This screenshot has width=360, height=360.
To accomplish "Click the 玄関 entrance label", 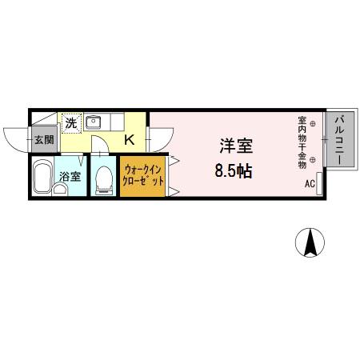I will [x=44, y=141].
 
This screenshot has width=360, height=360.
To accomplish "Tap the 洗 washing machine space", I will [x=71, y=123].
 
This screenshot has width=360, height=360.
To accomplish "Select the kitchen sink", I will [x=94, y=123].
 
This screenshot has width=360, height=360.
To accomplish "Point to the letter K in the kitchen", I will [x=128, y=141].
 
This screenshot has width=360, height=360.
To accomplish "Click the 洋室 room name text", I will [x=237, y=146].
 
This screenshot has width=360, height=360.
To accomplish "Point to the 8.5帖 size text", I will [x=234, y=170].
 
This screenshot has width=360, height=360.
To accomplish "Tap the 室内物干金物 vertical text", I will [x=302, y=143].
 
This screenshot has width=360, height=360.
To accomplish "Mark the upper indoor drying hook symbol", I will [x=313, y=124].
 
